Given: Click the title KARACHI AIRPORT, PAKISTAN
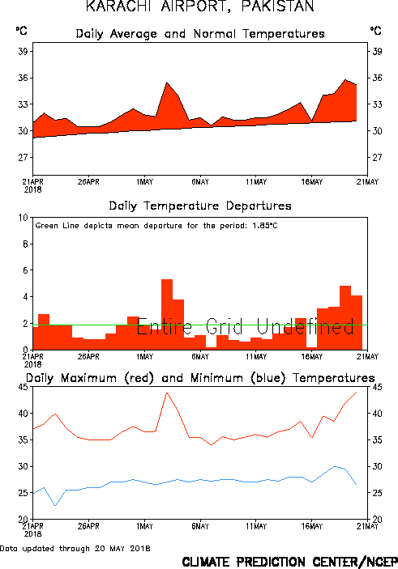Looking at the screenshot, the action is click(200, 6).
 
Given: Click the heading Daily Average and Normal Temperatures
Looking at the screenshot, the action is click(200, 34).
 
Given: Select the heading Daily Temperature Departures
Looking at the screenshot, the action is click(200, 206).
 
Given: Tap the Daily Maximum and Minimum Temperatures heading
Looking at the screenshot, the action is click(200, 378).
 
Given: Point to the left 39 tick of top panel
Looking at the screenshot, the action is click(23, 51).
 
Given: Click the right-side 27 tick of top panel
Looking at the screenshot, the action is click(377, 157).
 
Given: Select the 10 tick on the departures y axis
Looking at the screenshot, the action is click(24, 218).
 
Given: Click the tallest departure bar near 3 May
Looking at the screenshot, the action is click(167, 314).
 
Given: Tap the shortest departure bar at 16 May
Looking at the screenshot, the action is click(312, 348).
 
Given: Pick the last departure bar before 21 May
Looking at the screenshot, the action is click(357, 323).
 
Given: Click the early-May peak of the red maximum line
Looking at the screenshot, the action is click(167, 393).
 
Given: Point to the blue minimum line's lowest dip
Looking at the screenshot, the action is click(55, 505).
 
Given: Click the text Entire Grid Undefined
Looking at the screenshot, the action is click(246, 326).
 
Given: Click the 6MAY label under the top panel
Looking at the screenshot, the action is click(200, 182).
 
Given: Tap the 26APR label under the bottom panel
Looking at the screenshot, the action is click(88, 526).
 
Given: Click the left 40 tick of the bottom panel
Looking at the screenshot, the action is click(23, 414).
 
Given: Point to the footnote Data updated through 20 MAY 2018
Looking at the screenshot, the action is click(75, 548).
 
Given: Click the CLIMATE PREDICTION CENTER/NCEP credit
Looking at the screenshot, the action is click(289, 562).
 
